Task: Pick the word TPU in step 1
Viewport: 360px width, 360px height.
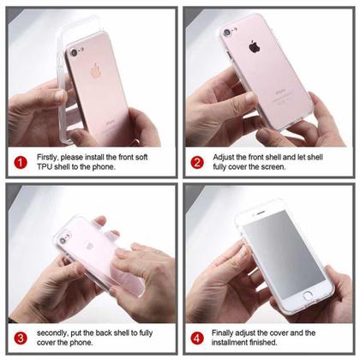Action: [47, 167]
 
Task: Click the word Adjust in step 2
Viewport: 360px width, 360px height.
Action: [226, 156]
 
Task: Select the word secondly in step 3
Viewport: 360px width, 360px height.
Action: [57, 333]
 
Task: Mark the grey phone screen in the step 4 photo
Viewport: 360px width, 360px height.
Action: [273, 256]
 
